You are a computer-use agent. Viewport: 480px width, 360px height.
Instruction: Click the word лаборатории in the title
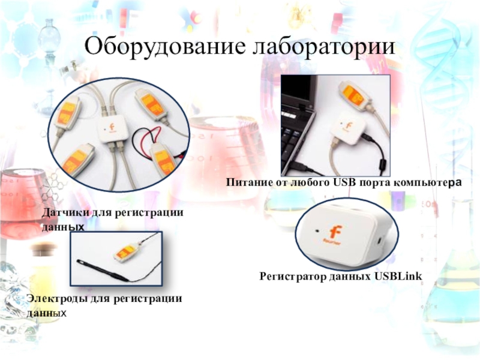coord(324,47)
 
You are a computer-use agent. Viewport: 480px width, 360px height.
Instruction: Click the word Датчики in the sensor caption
coord(65,212)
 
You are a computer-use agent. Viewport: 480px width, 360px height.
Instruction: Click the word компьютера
coord(427,183)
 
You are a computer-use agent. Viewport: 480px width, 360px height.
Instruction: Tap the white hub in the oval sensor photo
coord(112,129)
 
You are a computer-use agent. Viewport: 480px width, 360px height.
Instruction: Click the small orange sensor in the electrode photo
coord(125,253)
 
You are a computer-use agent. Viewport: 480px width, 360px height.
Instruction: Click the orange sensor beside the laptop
coord(355,95)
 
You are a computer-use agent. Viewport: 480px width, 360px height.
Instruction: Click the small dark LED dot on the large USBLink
coord(317,230)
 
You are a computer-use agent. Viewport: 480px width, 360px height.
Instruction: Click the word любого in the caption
coord(307,183)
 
